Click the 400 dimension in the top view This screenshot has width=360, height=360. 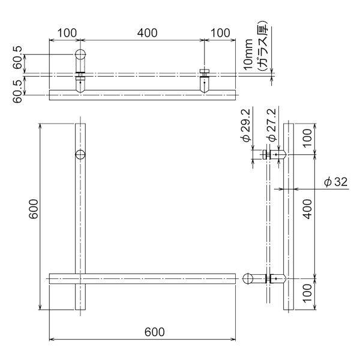(x=148, y=33)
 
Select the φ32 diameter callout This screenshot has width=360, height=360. (x=335, y=182)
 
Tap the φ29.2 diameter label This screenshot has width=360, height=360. (x=247, y=125)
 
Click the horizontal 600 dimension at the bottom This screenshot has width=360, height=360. (x=155, y=332)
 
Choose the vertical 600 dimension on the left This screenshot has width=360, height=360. (x=34, y=209)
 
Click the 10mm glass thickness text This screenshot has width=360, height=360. (x=248, y=54)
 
